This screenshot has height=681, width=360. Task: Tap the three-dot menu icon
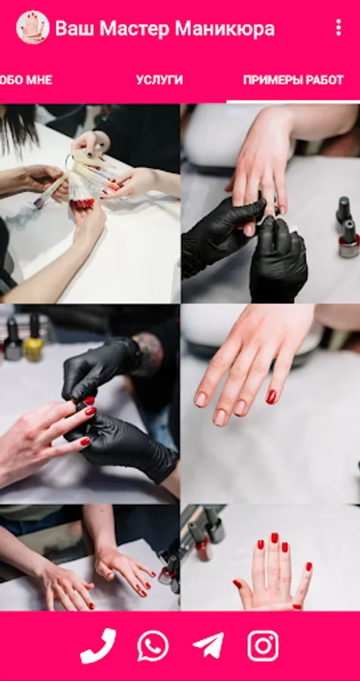tap(338, 28)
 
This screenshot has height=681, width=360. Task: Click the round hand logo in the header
tap(33, 27)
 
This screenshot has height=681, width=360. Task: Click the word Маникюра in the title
tap(225, 29)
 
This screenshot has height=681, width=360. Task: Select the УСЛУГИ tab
tap(160, 80)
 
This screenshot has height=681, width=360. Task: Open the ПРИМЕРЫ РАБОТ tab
tap(293, 80)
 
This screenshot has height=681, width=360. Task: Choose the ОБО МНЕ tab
tap(26, 80)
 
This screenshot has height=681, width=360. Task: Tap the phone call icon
tap(98, 646)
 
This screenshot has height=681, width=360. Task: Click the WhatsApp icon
tap(153, 646)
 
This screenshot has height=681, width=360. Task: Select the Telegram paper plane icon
tap(209, 646)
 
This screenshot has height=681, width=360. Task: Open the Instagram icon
tap(263, 646)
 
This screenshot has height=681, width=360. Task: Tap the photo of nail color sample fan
tap(90, 204)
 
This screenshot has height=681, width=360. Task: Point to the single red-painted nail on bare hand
tap(271, 396)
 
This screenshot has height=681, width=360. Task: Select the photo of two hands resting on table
tap(90, 558)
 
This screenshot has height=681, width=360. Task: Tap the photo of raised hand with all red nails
tap(270, 558)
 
